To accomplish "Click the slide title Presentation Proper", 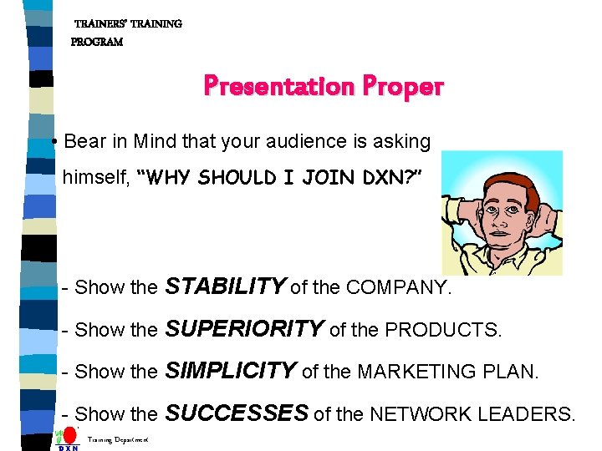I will (x=324, y=86).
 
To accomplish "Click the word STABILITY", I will (x=225, y=287).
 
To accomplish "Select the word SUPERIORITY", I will (x=244, y=329).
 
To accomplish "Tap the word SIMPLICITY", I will (x=231, y=371).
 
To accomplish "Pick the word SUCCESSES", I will (x=237, y=413).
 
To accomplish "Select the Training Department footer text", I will (x=118, y=439).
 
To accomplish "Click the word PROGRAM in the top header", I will (x=97, y=42).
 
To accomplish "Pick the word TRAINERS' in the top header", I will (x=105, y=24).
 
